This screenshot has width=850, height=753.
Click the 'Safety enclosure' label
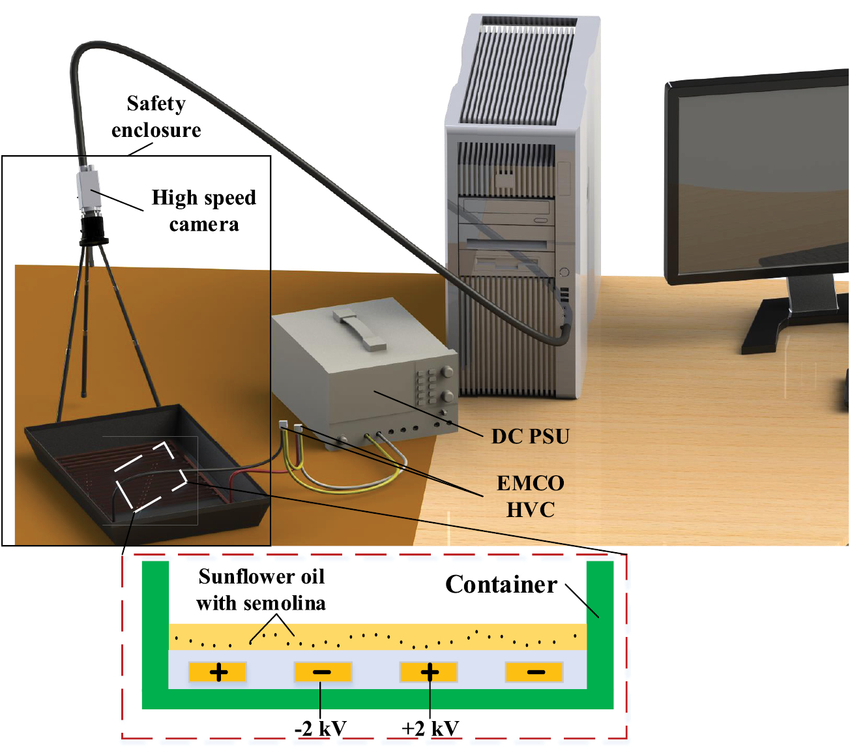tap(156, 117)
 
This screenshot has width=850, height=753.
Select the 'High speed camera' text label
tap(203, 211)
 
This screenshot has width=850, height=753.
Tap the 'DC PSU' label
tap(530, 436)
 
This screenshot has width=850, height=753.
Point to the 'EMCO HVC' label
tap(530, 496)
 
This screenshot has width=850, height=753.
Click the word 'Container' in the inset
tap(501, 585)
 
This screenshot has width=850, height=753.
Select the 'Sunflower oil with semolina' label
tap(261, 589)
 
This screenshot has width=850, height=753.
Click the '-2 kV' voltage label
tap(320, 728)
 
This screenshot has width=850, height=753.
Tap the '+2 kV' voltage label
tap(430, 728)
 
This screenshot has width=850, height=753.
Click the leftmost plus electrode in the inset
tap(218, 672)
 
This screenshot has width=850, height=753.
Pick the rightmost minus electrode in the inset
tap(535, 672)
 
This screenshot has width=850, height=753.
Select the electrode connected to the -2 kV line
tap(323, 672)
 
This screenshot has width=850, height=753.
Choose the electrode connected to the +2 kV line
tap(429, 672)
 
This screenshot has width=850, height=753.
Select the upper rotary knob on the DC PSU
tap(447, 372)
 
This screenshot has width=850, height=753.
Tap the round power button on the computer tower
tap(564, 272)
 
